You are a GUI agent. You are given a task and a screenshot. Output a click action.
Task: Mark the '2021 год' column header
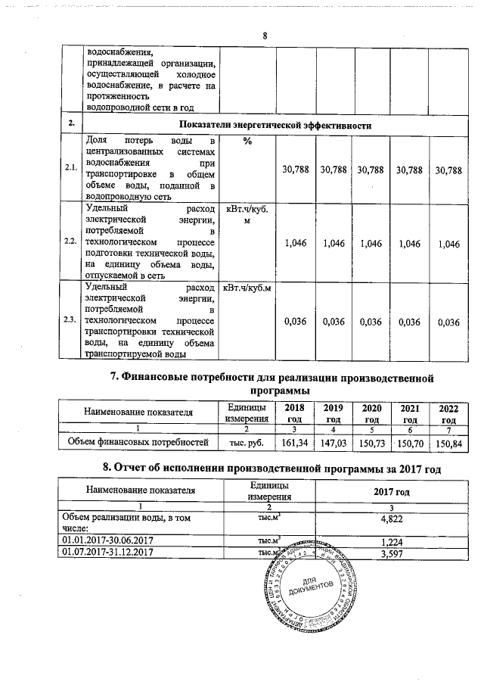[410, 414]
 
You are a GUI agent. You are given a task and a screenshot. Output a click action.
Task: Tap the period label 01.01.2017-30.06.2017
[102, 540]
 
